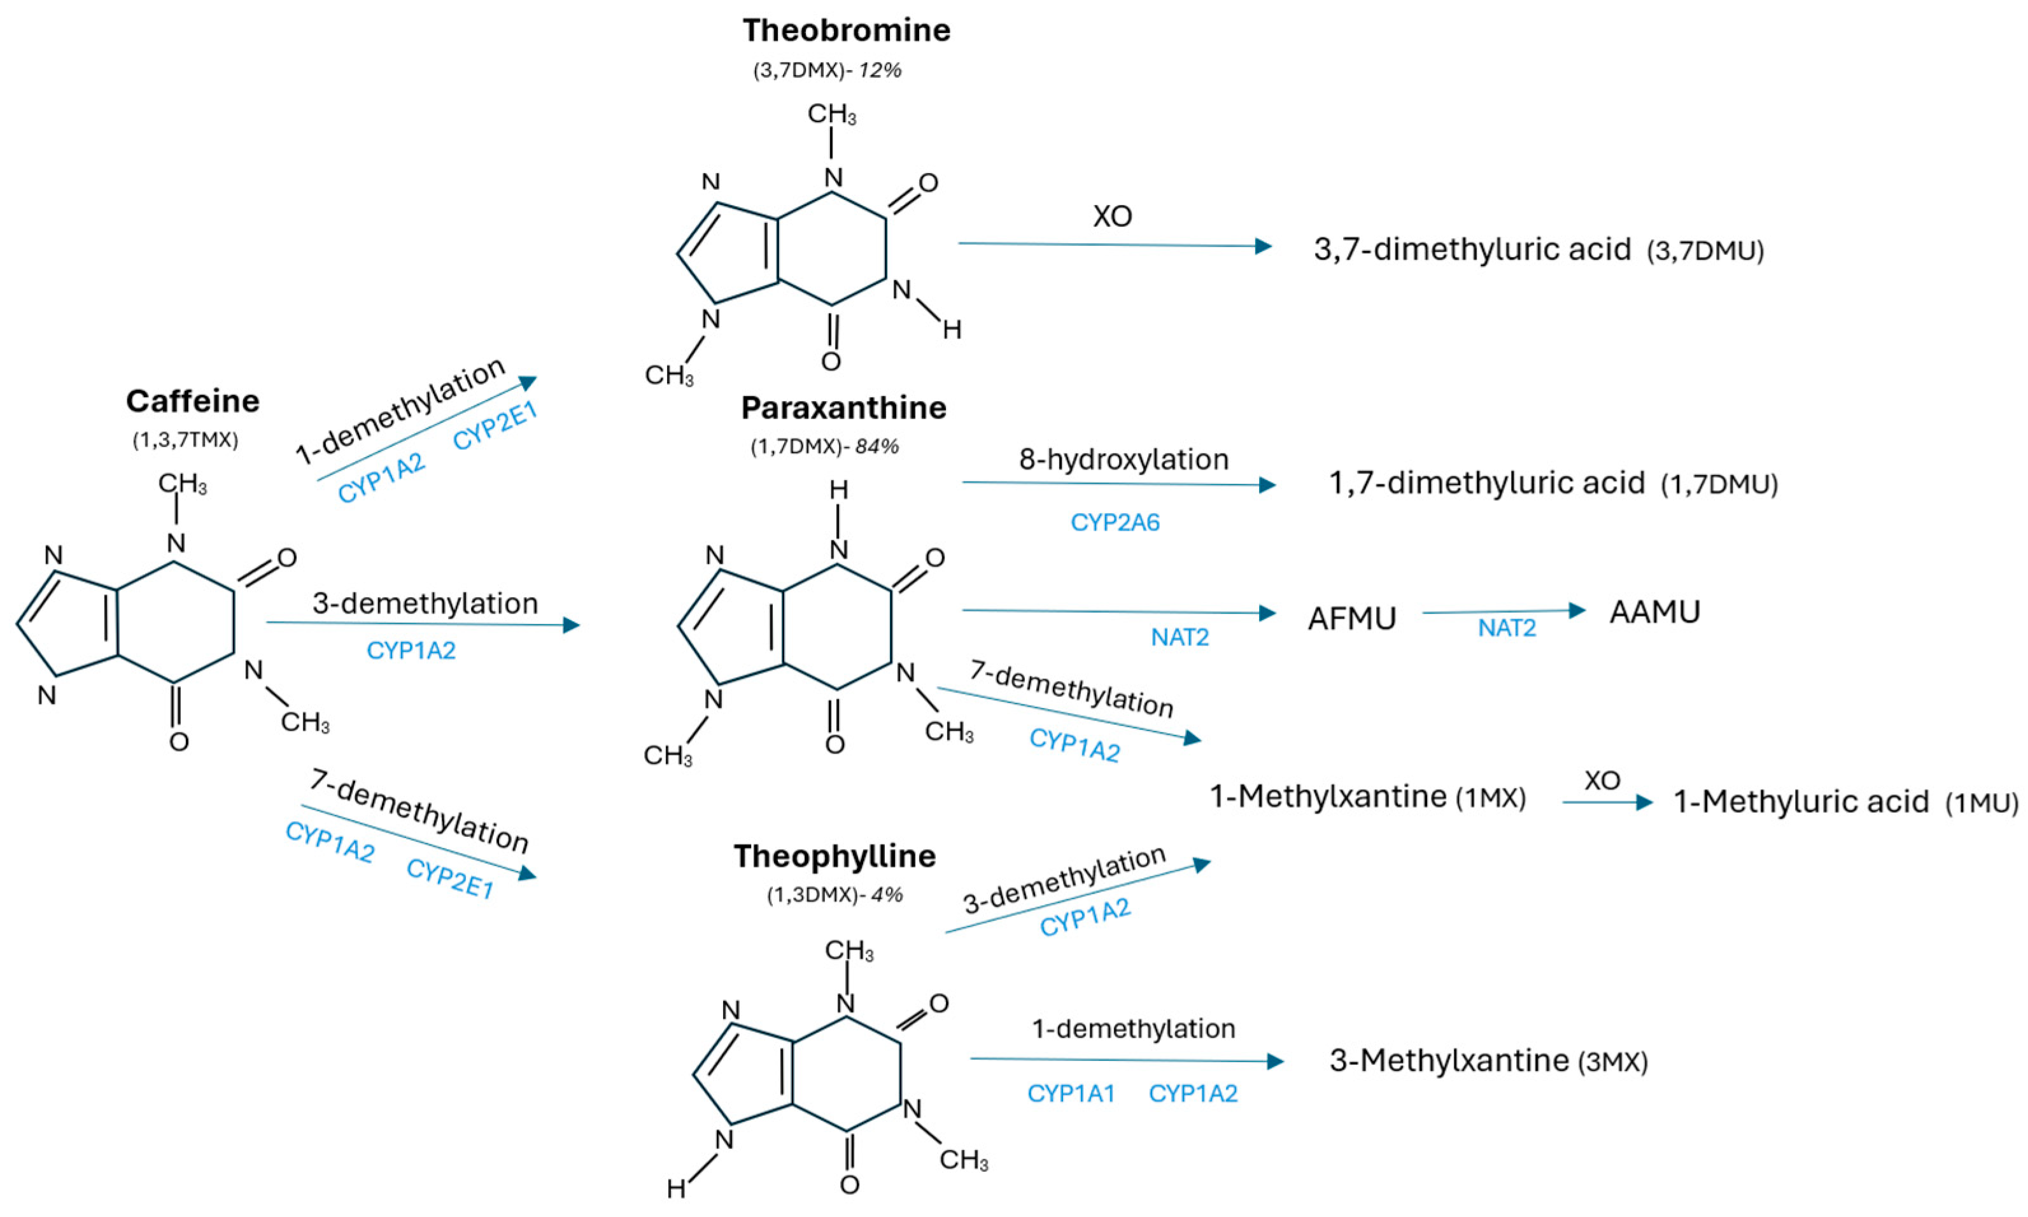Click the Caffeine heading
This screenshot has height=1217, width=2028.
coord(193,401)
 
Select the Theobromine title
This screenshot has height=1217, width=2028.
coord(847,31)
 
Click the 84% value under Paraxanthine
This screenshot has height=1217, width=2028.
coord(877,447)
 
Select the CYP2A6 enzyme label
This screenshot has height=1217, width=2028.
coord(1115,523)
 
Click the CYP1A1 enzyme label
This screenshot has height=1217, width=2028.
coord(1071,1093)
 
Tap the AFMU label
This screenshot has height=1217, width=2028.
coord(1351,618)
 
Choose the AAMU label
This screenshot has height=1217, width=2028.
coord(1654,612)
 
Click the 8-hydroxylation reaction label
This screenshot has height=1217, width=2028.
coord(1123,460)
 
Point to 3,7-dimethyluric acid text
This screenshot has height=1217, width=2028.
coord(1472,250)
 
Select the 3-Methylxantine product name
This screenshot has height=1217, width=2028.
coord(1449,1060)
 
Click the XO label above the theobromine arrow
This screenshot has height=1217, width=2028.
coord(1112,216)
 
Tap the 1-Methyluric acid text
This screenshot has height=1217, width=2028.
coord(1801,802)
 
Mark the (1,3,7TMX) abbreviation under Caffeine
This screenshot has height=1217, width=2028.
coord(185,440)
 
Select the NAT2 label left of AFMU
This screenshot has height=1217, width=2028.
coord(1179,637)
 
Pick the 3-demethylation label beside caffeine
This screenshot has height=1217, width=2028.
coord(425,603)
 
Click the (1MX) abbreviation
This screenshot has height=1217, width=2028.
coord(1490,799)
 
